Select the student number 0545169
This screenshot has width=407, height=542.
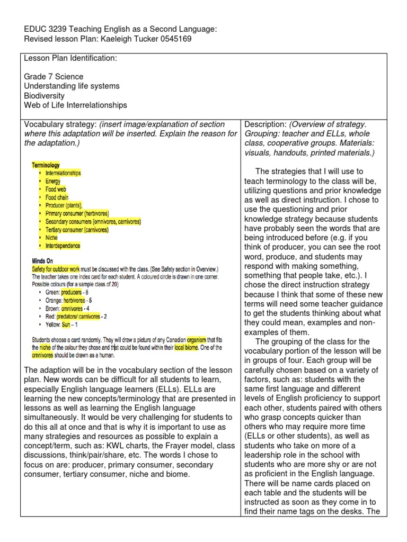click(x=173, y=39)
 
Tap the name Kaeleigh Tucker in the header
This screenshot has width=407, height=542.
click(x=127, y=39)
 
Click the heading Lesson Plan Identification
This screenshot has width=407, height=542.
click(x=70, y=58)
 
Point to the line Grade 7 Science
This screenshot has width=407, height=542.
click(x=54, y=77)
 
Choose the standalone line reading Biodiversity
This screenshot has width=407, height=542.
click(x=45, y=96)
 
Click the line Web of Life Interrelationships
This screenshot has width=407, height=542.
click(x=76, y=105)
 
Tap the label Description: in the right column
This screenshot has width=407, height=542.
click(x=266, y=124)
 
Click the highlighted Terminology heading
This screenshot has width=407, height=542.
click(x=46, y=166)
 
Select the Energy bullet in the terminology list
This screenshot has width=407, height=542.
click(x=53, y=181)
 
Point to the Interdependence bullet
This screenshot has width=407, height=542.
click(x=63, y=246)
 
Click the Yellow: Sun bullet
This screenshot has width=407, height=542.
click(x=62, y=324)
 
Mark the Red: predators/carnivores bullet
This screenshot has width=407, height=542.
click(x=79, y=316)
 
